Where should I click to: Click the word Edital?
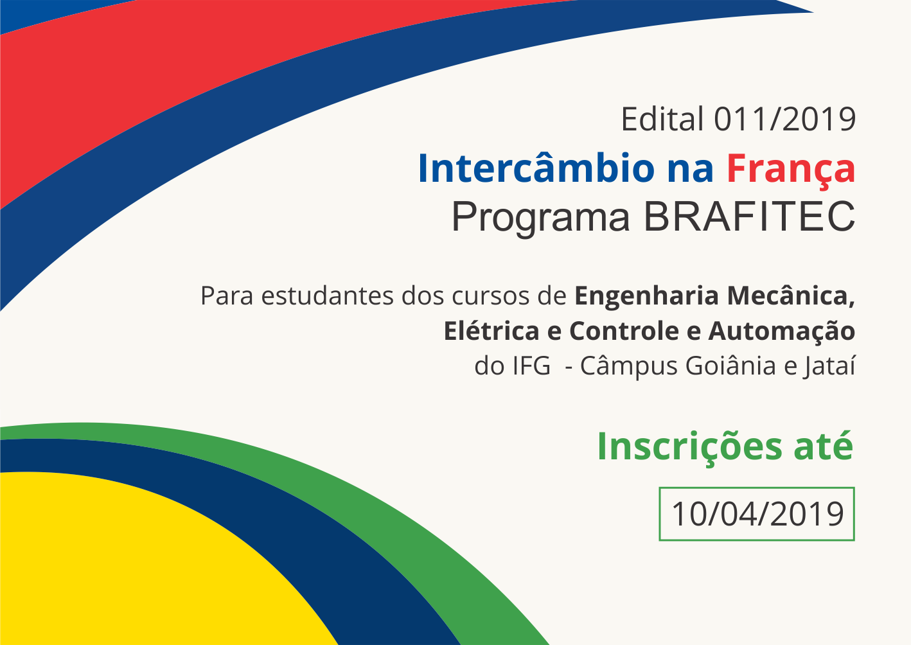click(x=662, y=119)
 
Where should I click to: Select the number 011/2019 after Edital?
click(x=784, y=119)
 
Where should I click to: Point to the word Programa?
click(x=540, y=218)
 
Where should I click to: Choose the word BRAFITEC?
click(x=749, y=216)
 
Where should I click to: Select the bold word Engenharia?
click(x=646, y=297)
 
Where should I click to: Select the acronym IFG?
click(x=531, y=366)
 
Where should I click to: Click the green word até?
click(x=823, y=446)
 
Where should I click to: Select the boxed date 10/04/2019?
click(x=757, y=514)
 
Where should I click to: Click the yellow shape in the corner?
click(x=128, y=565)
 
